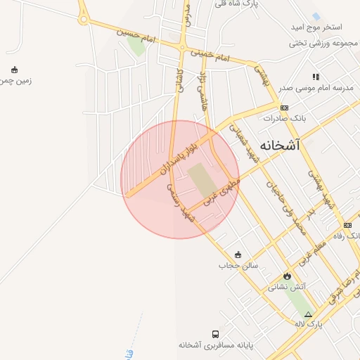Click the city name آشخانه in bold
(279, 146)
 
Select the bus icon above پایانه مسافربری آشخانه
(215, 334)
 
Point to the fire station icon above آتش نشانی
(287, 276)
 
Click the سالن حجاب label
(238, 266)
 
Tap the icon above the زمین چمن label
(14, 69)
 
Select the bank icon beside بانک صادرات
(284, 108)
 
